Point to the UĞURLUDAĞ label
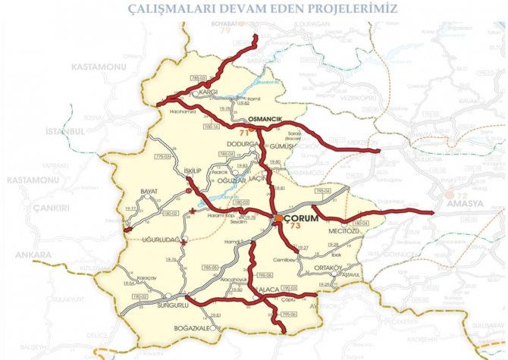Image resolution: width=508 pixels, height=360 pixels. pyautogui.click(x=159, y=239)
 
